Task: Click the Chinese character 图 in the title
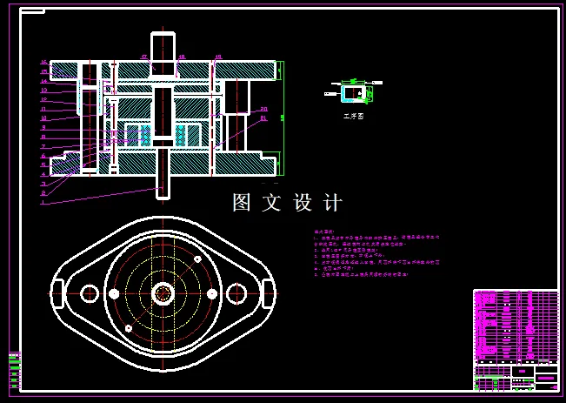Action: click(241, 203)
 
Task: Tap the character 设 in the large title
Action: click(302, 203)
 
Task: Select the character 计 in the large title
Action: click(332, 203)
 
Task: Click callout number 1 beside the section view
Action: click(42, 201)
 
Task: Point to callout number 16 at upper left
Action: click(43, 63)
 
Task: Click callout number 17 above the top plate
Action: click(143, 57)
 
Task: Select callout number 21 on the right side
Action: click(263, 118)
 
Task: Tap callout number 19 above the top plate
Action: click(217, 57)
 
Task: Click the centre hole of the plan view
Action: click(163, 293)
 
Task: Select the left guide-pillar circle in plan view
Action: click(89, 293)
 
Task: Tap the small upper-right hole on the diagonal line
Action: click(199, 259)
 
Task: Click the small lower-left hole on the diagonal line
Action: click(129, 328)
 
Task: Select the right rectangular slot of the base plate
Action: click(269, 293)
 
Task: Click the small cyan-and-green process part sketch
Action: click(353, 91)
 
